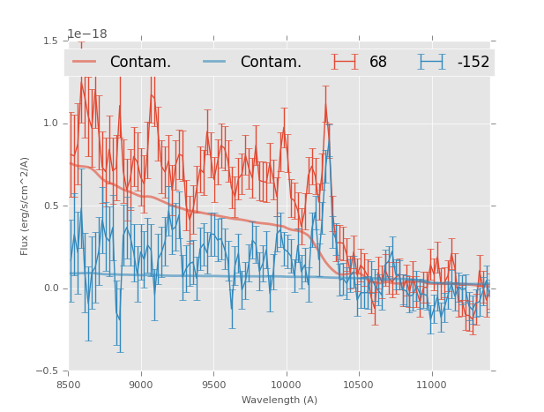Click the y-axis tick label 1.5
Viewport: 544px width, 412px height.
(50, 41)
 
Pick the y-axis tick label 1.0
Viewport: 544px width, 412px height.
(50, 124)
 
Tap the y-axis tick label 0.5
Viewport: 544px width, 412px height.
(50, 206)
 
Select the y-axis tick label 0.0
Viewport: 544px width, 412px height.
(50, 288)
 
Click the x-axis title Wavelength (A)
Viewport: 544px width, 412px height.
(279, 400)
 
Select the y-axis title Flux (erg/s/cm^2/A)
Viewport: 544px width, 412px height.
(26, 206)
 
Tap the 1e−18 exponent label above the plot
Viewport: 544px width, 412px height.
(87, 34)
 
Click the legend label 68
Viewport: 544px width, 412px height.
(378, 62)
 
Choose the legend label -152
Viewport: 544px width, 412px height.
(473, 62)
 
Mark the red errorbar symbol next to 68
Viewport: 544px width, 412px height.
(346, 62)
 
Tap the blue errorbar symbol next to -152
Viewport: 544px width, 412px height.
(432, 62)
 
